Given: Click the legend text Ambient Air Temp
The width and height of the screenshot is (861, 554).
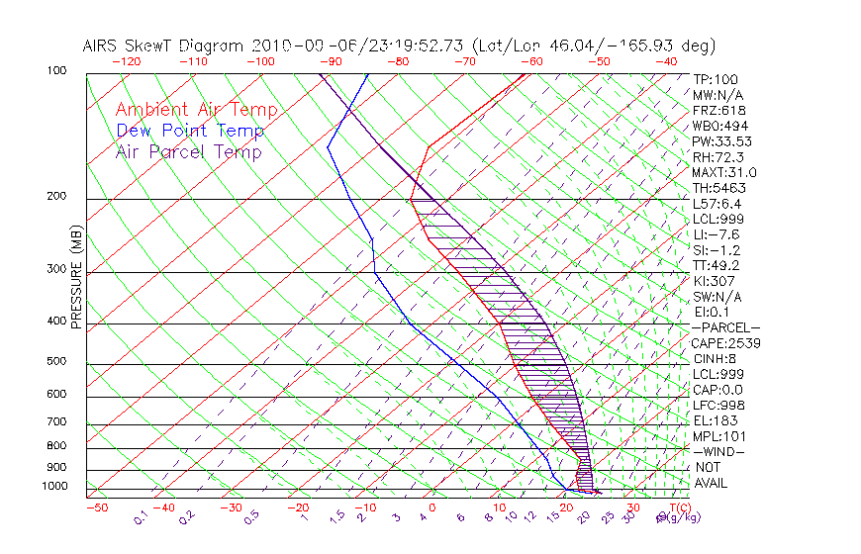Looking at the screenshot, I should click(196, 111).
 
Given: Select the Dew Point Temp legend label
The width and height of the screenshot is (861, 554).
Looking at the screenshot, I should click(190, 132).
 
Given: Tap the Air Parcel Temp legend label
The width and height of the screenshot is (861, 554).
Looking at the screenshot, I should click(188, 152).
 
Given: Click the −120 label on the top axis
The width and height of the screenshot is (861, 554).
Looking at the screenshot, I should click(126, 61).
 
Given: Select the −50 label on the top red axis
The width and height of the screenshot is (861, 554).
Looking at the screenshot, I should click(599, 61).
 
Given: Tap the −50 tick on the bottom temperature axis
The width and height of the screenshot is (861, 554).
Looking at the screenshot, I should click(96, 508).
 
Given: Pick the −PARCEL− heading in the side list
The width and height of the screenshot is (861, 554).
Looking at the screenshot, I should click(725, 327).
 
